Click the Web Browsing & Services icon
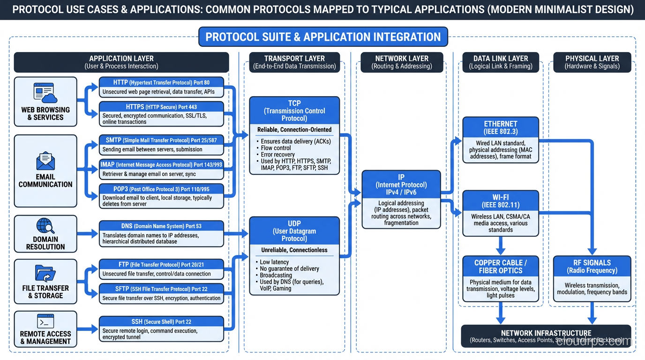click(x=45, y=93)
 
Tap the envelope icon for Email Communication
click(x=45, y=161)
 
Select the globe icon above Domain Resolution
click(x=45, y=226)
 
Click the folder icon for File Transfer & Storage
click(x=45, y=273)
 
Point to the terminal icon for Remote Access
click(x=45, y=322)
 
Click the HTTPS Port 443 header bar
click(x=161, y=107)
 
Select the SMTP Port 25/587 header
click(x=161, y=140)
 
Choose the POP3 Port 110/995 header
click(x=161, y=189)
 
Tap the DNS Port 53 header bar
click(x=161, y=226)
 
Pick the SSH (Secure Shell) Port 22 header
click(x=161, y=322)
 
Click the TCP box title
click(x=294, y=111)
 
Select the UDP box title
click(x=294, y=231)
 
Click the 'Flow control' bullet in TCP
click(x=276, y=148)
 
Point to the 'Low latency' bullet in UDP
click(x=274, y=262)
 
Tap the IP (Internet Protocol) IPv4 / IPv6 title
click(x=401, y=185)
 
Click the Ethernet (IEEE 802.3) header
click(x=501, y=127)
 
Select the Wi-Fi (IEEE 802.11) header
click(x=501, y=201)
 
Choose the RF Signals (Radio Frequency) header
click(x=592, y=266)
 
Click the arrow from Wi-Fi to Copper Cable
click(x=501, y=245)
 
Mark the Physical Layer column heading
click(x=592, y=62)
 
